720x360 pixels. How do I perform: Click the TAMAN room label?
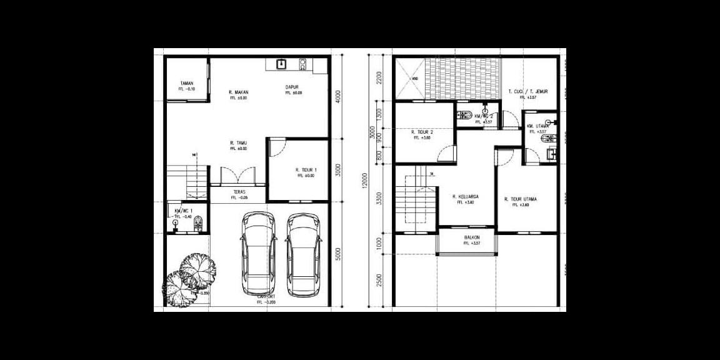point(186,83)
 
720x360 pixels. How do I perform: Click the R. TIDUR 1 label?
point(306,170)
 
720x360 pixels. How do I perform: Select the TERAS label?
point(239,191)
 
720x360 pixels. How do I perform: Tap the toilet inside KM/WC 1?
point(199,223)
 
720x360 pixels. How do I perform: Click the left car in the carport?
point(258,253)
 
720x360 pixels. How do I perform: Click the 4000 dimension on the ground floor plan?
point(338,98)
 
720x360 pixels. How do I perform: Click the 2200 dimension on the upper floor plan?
point(379,77)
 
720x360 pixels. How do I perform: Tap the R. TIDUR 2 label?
point(422,132)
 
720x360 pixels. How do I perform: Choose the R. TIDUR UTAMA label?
point(521,199)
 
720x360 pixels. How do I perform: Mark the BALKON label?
point(472,237)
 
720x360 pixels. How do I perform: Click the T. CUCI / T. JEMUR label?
point(527,92)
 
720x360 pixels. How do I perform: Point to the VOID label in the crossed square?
point(414,78)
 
